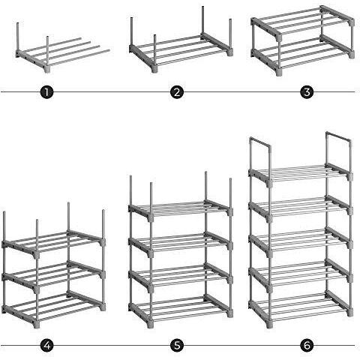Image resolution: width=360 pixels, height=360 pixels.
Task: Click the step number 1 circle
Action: pyautogui.click(x=46, y=92)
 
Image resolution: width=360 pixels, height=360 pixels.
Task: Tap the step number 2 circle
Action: pyautogui.click(x=177, y=92)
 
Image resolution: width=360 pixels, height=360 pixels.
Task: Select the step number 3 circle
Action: pyautogui.click(x=307, y=92)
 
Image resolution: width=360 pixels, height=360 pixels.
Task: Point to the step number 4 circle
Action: pyautogui.click(x=46, y=346)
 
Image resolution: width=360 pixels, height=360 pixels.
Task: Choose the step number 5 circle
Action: pyautogui.click(x=177, y=346)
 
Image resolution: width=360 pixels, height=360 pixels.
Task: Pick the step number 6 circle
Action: pyautogui.click(x=307, y=346)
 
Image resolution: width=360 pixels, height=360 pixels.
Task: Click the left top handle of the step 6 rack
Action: pyautogui.click(x=260, y=142)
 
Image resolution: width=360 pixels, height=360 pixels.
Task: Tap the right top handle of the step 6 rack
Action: pyautogui.click(x=339, y=136)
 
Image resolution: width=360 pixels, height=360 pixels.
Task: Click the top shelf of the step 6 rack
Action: pyautogui.click(x=300, y=173)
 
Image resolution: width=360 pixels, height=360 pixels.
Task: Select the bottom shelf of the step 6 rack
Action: pyautogui.click(x=300, y=307)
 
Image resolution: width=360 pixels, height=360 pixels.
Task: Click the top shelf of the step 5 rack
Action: pyautogui.click(x=181, y=209)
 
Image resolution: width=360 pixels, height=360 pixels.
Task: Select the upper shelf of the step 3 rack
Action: pyautogui.click(x=302, y=23)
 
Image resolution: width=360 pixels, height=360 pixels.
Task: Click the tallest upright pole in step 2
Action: pyautogui.click(x=202, y=20)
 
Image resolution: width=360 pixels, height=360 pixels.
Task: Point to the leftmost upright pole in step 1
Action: pyautogui.click(x=18, y=37)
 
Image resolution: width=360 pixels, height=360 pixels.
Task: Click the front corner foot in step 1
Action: pyautogui.click(x=47, y=69)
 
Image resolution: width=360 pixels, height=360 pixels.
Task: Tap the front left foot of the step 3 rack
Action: pyautogui.click(x=279, y=72)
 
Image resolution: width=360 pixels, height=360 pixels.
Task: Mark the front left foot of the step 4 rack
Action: pyautogui.click(x=37, y=325)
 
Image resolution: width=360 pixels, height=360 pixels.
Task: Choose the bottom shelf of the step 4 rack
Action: pyautogui.click(x=53, y=308)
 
